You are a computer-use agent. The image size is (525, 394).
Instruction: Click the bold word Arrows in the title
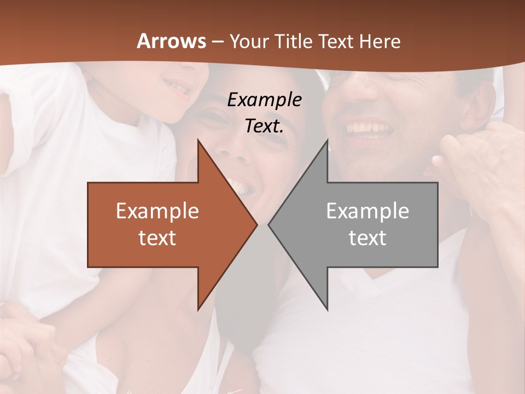click(172, 41)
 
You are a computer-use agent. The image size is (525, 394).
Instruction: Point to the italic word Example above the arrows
click(265, 100)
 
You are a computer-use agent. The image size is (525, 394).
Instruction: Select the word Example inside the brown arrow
click(157, 211)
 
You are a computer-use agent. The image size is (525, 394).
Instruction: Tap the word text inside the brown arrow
click(157, 237)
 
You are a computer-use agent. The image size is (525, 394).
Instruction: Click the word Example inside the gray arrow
click(367, 211)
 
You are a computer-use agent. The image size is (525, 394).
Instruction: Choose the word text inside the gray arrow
click(367, 237)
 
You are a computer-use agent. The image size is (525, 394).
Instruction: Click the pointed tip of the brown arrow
click(256, 224)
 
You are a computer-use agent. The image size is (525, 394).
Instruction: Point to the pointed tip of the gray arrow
click(269, 224)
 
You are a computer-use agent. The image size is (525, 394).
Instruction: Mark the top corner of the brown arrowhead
click(198, 140)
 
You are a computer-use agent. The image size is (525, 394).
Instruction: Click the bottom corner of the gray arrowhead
click(327, 309)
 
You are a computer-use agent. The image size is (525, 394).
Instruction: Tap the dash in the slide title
click(217, 42)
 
